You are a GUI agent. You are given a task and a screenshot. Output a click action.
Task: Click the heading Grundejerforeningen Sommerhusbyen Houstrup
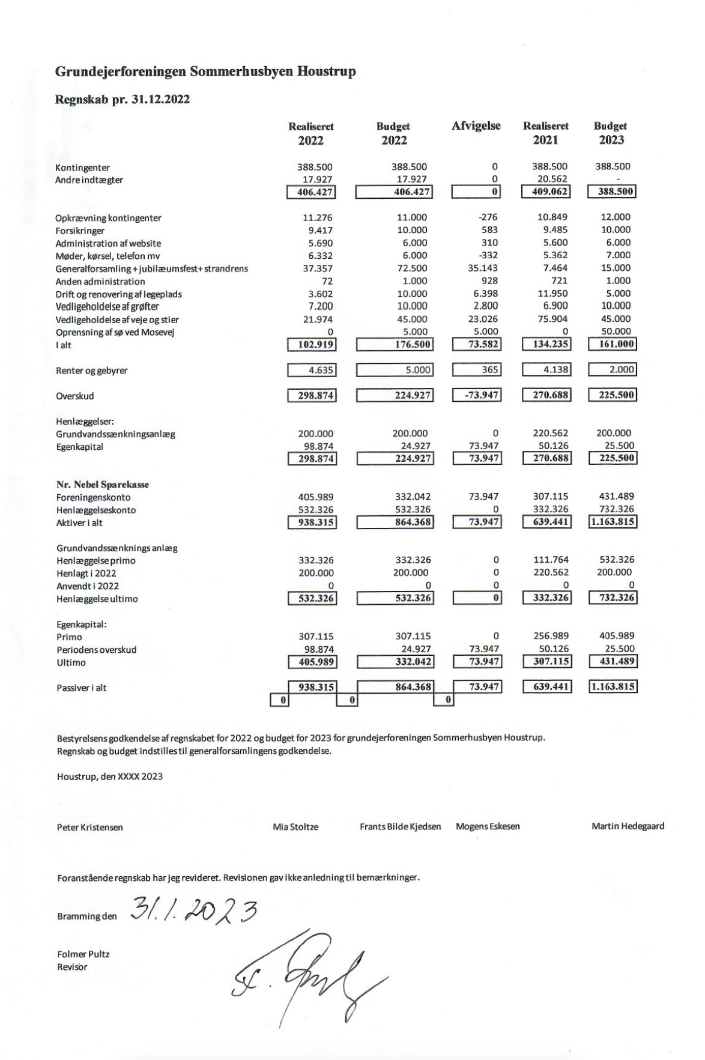(205, 71)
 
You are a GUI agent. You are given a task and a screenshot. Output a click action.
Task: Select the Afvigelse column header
(476, 126)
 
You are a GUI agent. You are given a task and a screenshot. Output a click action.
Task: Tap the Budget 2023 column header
(610, 133)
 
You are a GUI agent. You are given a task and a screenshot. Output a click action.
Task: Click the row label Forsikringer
(80, 231)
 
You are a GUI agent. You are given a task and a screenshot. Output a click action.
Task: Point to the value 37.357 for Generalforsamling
(318, 268)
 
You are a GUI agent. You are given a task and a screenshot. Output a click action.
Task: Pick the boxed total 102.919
(311, 345)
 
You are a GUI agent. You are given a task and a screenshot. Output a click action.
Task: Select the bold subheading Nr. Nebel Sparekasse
(103, 484)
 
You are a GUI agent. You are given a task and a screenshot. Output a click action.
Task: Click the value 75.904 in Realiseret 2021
(551, 319)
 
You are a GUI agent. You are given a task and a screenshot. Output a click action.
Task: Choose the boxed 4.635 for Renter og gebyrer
(311, 370)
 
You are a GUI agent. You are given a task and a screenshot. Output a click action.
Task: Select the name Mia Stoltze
(295, 827)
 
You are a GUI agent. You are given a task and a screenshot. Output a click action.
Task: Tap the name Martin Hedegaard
(628, 826)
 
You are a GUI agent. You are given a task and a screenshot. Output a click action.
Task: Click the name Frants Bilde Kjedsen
(400, 827)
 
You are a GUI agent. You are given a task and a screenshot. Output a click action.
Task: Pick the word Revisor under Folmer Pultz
(71, 967)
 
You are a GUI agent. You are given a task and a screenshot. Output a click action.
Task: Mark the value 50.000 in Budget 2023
(616, 332)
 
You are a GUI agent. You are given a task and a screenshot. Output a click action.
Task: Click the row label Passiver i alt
(81, 688)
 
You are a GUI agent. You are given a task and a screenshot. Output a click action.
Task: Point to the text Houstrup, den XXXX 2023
(109, 776)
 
